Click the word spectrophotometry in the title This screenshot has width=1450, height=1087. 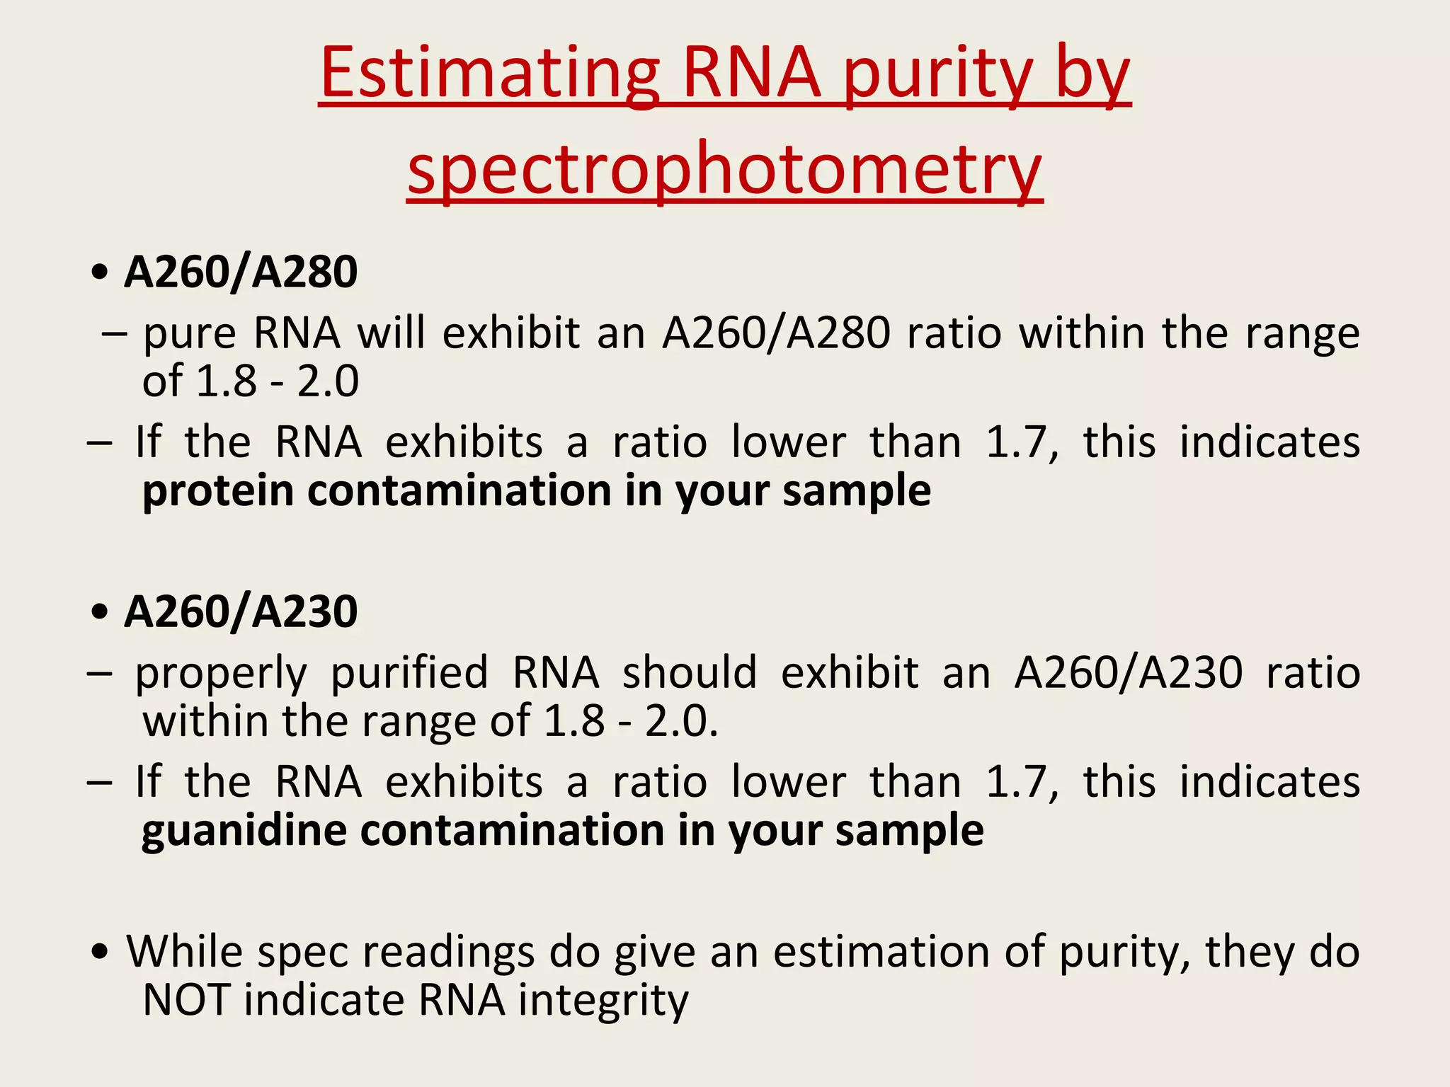point(724,170)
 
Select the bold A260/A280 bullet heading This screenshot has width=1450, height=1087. point(241,272)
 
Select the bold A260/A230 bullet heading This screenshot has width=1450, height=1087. point(241,611)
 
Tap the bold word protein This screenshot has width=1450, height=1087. point(218,491)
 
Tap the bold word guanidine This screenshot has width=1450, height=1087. point(244,831)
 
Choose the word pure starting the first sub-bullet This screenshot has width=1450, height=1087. point(189,334)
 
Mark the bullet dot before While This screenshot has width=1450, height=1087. point(101,953)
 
